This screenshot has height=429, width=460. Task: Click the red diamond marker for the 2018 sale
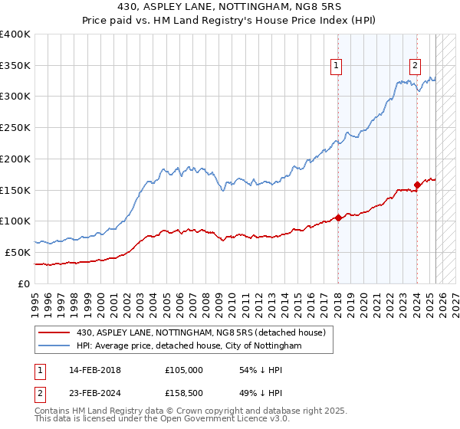tap(338, 218)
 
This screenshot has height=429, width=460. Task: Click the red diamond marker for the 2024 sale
tap(417, 184)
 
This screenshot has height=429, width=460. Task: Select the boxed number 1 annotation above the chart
tap(337, 66)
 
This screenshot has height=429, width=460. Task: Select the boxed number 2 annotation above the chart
tap(415, 66)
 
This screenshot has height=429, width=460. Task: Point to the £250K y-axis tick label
tap(15, 127)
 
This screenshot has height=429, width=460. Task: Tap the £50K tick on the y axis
tap(18, 252)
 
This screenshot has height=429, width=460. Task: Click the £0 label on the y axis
tap(25, 283)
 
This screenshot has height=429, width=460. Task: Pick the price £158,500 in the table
tap(184, 395)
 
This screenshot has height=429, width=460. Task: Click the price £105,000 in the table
tap(184, 370)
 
